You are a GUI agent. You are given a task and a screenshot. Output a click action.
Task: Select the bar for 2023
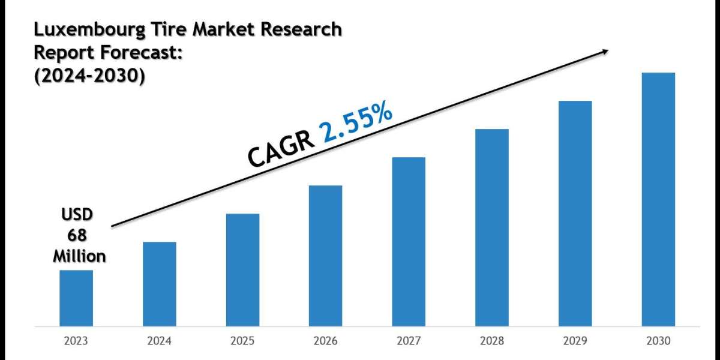[76, 298]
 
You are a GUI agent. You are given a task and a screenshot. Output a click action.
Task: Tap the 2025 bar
[242, 269]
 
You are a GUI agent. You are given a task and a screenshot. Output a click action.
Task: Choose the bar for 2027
[409, 241]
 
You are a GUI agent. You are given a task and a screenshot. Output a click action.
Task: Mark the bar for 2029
[575, 213]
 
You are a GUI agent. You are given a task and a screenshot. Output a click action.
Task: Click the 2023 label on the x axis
[76, 341]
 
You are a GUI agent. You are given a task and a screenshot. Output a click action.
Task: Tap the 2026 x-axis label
[326, 341]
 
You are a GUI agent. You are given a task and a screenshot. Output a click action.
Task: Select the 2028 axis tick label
[492, 341]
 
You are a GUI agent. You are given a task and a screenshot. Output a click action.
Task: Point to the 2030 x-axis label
[658, 341]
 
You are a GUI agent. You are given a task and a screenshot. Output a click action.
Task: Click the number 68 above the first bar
[78, 235]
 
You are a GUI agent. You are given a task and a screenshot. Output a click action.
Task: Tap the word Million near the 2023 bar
[79, 256]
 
